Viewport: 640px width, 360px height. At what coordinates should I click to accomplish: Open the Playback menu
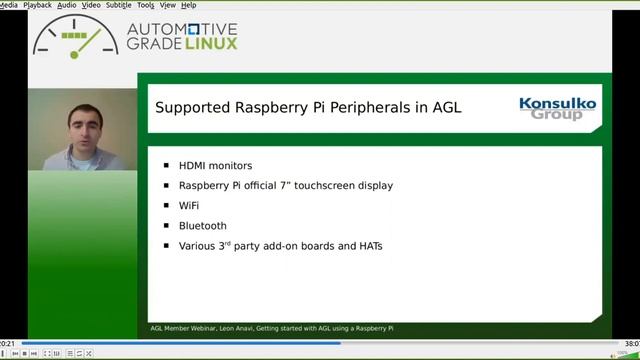[x=38, y=5]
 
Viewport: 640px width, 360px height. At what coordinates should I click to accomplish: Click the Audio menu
[x=66, y=5]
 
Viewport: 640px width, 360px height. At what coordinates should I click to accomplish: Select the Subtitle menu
[x=119, y=5]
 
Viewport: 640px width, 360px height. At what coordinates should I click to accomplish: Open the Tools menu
[x=146, y=5]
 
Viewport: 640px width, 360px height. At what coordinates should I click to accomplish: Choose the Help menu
[x=189, y=5]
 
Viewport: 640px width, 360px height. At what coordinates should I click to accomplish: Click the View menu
[x=169, y=5]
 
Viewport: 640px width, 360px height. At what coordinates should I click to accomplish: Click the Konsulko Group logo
[x=557, y=108]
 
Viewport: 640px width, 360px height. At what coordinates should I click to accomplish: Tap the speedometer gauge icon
[x=75, y=36]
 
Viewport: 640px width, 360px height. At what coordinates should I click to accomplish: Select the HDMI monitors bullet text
[x=215, y=165]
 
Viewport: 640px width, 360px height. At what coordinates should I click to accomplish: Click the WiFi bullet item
[x=189, y=205]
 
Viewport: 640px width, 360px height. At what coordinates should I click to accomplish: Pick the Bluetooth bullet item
[x=203, y=225]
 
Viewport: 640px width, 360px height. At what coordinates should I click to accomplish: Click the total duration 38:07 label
[x=631, y=342]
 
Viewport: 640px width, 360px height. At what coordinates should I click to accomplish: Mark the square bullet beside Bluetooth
[x=166, y=225]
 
